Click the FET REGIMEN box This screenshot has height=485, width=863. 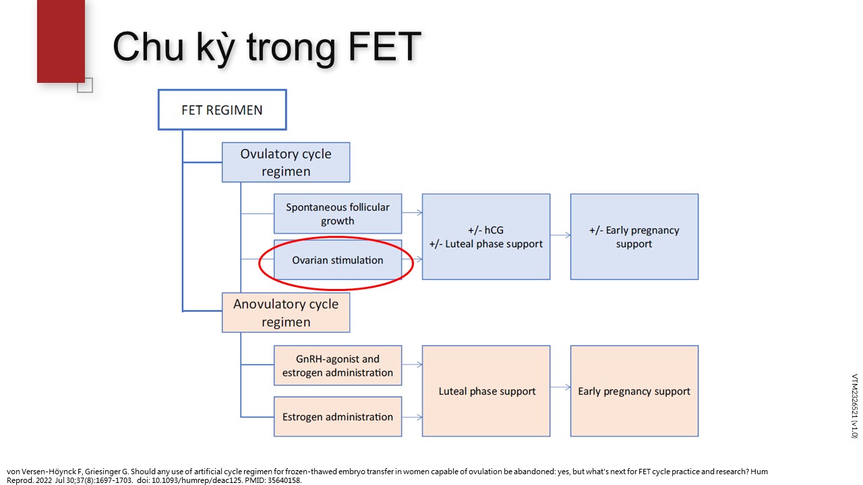[x=222, y=110]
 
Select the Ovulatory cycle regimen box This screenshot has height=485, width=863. [x=286, y=162]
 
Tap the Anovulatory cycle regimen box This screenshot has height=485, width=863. [x=286, y=313]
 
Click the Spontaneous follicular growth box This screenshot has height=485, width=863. [x=338, y=214]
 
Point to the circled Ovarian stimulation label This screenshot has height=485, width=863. [x=338, y=260]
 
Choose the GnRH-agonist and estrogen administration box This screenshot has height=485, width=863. [x=338, y=365]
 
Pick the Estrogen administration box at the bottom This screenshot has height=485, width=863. [x=338, y=416]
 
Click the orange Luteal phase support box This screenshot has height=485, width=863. [x=486, y=391]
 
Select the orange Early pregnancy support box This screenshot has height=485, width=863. [x=634, y=391]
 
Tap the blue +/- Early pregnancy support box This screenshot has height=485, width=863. [x=634, y=236]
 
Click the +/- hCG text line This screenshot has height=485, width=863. [x=486, y=230]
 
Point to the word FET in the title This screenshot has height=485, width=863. [x=384, y=46]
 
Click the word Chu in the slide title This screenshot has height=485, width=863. [x=148, y=46]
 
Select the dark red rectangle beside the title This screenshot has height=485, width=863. [x=61, y=41]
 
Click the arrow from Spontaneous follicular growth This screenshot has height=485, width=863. [x=412, y=212]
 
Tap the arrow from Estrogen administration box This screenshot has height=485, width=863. [x=412, y=417]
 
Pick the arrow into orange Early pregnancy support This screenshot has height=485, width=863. [x=560, y=387]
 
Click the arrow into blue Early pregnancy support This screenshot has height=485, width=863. [x=560, y=235]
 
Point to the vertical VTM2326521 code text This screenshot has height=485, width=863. [x=854, y=406]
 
